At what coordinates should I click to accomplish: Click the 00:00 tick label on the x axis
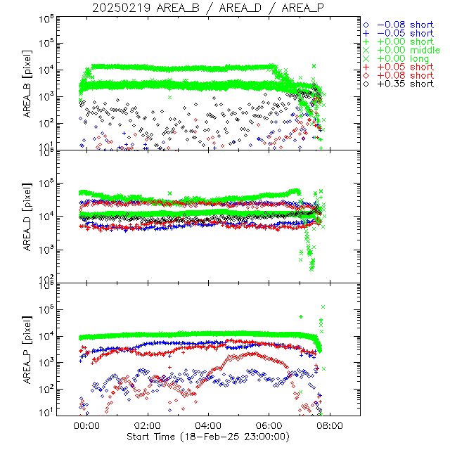(86, 425)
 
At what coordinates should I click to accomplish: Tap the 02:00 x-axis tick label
(148, 425)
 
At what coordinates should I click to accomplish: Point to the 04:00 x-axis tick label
(209, 425)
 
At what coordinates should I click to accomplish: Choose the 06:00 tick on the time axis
(269, 425)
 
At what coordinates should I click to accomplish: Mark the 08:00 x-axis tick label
(330, 425)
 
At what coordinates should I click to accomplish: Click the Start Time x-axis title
(209, 437)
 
